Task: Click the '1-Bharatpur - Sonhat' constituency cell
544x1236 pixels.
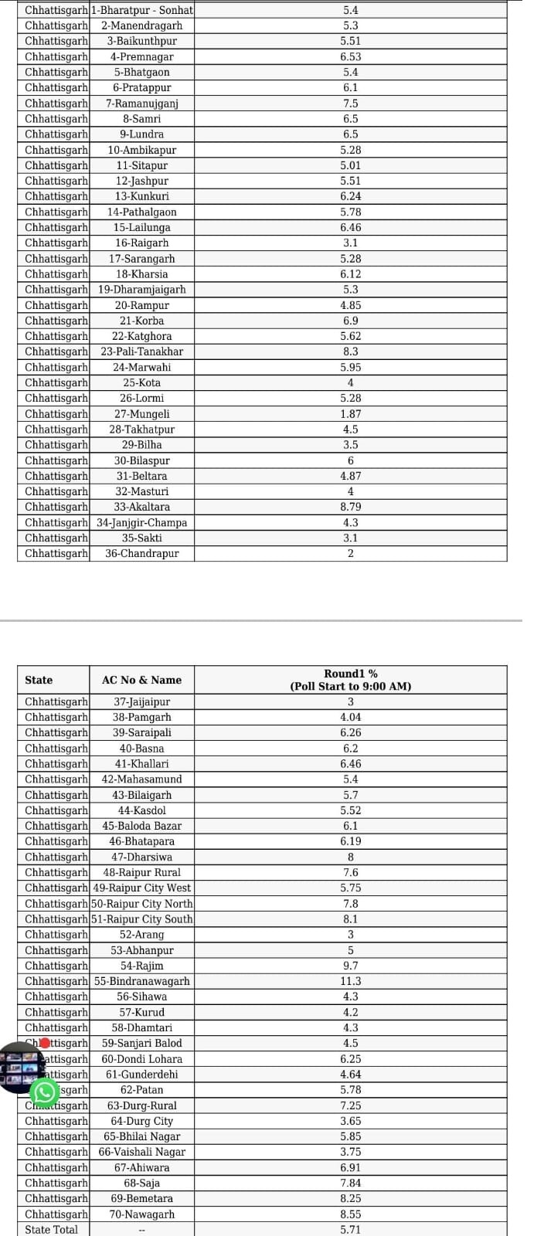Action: coord(142,10)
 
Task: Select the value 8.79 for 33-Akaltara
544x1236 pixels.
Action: coord(350,507)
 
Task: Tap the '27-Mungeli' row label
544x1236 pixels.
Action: coord(142,414)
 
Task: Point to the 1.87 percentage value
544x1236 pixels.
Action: coord(350,414)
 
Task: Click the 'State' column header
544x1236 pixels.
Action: coord(39,680)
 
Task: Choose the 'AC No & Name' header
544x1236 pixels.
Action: coord(142,680)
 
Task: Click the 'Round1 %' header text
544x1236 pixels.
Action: coord(350,674)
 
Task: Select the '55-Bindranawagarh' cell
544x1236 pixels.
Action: coord(142,981)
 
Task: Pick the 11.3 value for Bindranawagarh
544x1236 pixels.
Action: coord(350,981)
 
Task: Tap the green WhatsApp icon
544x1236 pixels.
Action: coord(44,1092)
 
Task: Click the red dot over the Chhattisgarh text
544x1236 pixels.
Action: coord(45,1043)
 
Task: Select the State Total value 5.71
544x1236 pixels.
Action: coord(350,1229)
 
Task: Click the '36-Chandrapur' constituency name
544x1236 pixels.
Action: coord(142,553)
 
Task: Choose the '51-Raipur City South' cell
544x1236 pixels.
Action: coord(142,919)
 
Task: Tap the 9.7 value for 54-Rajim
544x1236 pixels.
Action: coord(350,966)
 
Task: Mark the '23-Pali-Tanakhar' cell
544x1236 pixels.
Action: coord(142,351)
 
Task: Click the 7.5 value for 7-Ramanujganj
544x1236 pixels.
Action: coord(350,104)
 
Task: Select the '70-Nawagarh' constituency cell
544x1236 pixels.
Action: coord(142,1214)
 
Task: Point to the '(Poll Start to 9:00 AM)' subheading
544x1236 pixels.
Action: coord(350,686)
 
